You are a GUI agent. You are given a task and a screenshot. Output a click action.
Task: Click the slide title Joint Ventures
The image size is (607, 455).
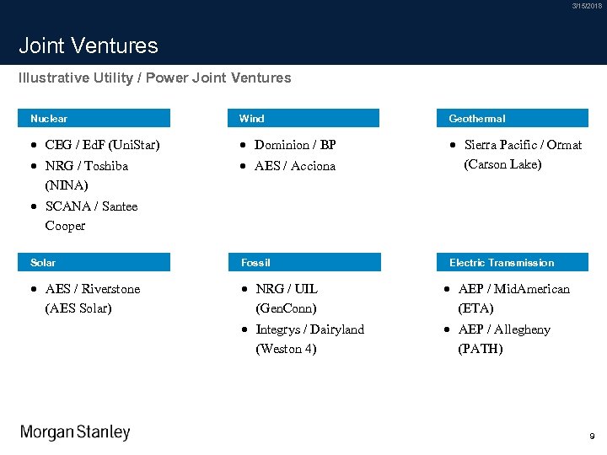89,45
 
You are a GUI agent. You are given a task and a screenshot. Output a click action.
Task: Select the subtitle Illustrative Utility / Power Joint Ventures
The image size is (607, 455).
155,78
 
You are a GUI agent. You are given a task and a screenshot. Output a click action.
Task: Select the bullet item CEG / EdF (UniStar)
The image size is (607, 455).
102,145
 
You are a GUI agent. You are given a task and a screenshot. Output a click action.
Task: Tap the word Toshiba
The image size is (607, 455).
106,166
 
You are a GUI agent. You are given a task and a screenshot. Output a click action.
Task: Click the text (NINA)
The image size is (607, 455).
67,185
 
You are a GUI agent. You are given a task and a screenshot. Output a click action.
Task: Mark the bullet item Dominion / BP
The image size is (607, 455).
295,145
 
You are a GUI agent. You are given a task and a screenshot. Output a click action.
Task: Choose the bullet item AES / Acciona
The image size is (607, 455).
295,166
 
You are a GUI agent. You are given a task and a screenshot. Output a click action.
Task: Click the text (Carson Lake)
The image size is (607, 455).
502,164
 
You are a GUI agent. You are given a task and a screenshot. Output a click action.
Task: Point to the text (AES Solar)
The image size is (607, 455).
78,308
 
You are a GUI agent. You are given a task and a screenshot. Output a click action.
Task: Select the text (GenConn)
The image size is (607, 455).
286,308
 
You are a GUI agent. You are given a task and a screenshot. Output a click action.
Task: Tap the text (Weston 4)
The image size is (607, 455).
286,349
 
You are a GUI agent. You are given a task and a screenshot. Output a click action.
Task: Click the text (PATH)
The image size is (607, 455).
480,349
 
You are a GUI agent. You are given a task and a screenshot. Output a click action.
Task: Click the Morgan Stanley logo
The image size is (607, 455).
75,432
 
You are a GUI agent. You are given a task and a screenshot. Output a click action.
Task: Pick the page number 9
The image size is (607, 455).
592,436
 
